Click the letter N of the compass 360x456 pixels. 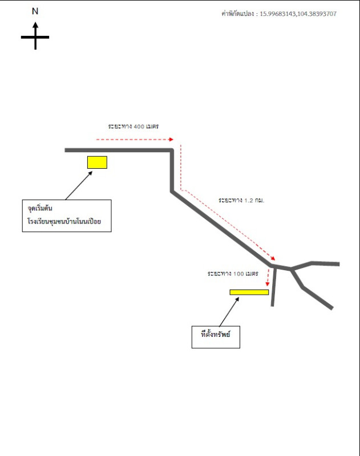click(x=35, y=11)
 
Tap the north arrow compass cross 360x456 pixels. click(x=35, y=37)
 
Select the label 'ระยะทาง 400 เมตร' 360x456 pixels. click(x=133, y=125)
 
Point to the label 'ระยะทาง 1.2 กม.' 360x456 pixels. click(x=241, y=201)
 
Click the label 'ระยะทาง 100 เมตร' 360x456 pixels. click(x=233, y=274)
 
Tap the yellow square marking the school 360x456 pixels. click(x=97, y=162)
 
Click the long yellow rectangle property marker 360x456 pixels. click(x=249, y=292)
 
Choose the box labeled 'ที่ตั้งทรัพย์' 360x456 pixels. click(x=216, y=336)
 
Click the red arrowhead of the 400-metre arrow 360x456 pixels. click(x=171, y=139)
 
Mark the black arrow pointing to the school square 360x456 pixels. click(x=79, y=185)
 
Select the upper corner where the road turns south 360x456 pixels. click(x=172, y=150)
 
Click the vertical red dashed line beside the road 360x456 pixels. click(x=181, y=165)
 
